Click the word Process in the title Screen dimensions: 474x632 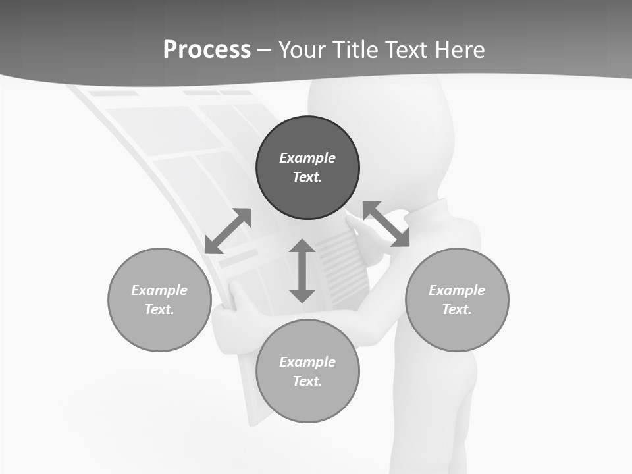(x=207, y=50)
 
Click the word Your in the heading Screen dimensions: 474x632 (x=303, y=50)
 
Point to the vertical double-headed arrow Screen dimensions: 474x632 (x=302, y=271)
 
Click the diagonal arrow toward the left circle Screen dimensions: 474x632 (x=228, y=231)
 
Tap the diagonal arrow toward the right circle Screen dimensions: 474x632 (x=386, y=224)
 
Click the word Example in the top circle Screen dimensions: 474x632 (x=307, y=158)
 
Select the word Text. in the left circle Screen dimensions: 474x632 (x=159, y=309)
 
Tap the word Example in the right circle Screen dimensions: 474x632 (x=457, y=290)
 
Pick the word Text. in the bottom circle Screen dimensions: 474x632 (x=307, y=381)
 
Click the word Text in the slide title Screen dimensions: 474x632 (x=406, y=50)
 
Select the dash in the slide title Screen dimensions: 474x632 (x=264, y=50)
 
